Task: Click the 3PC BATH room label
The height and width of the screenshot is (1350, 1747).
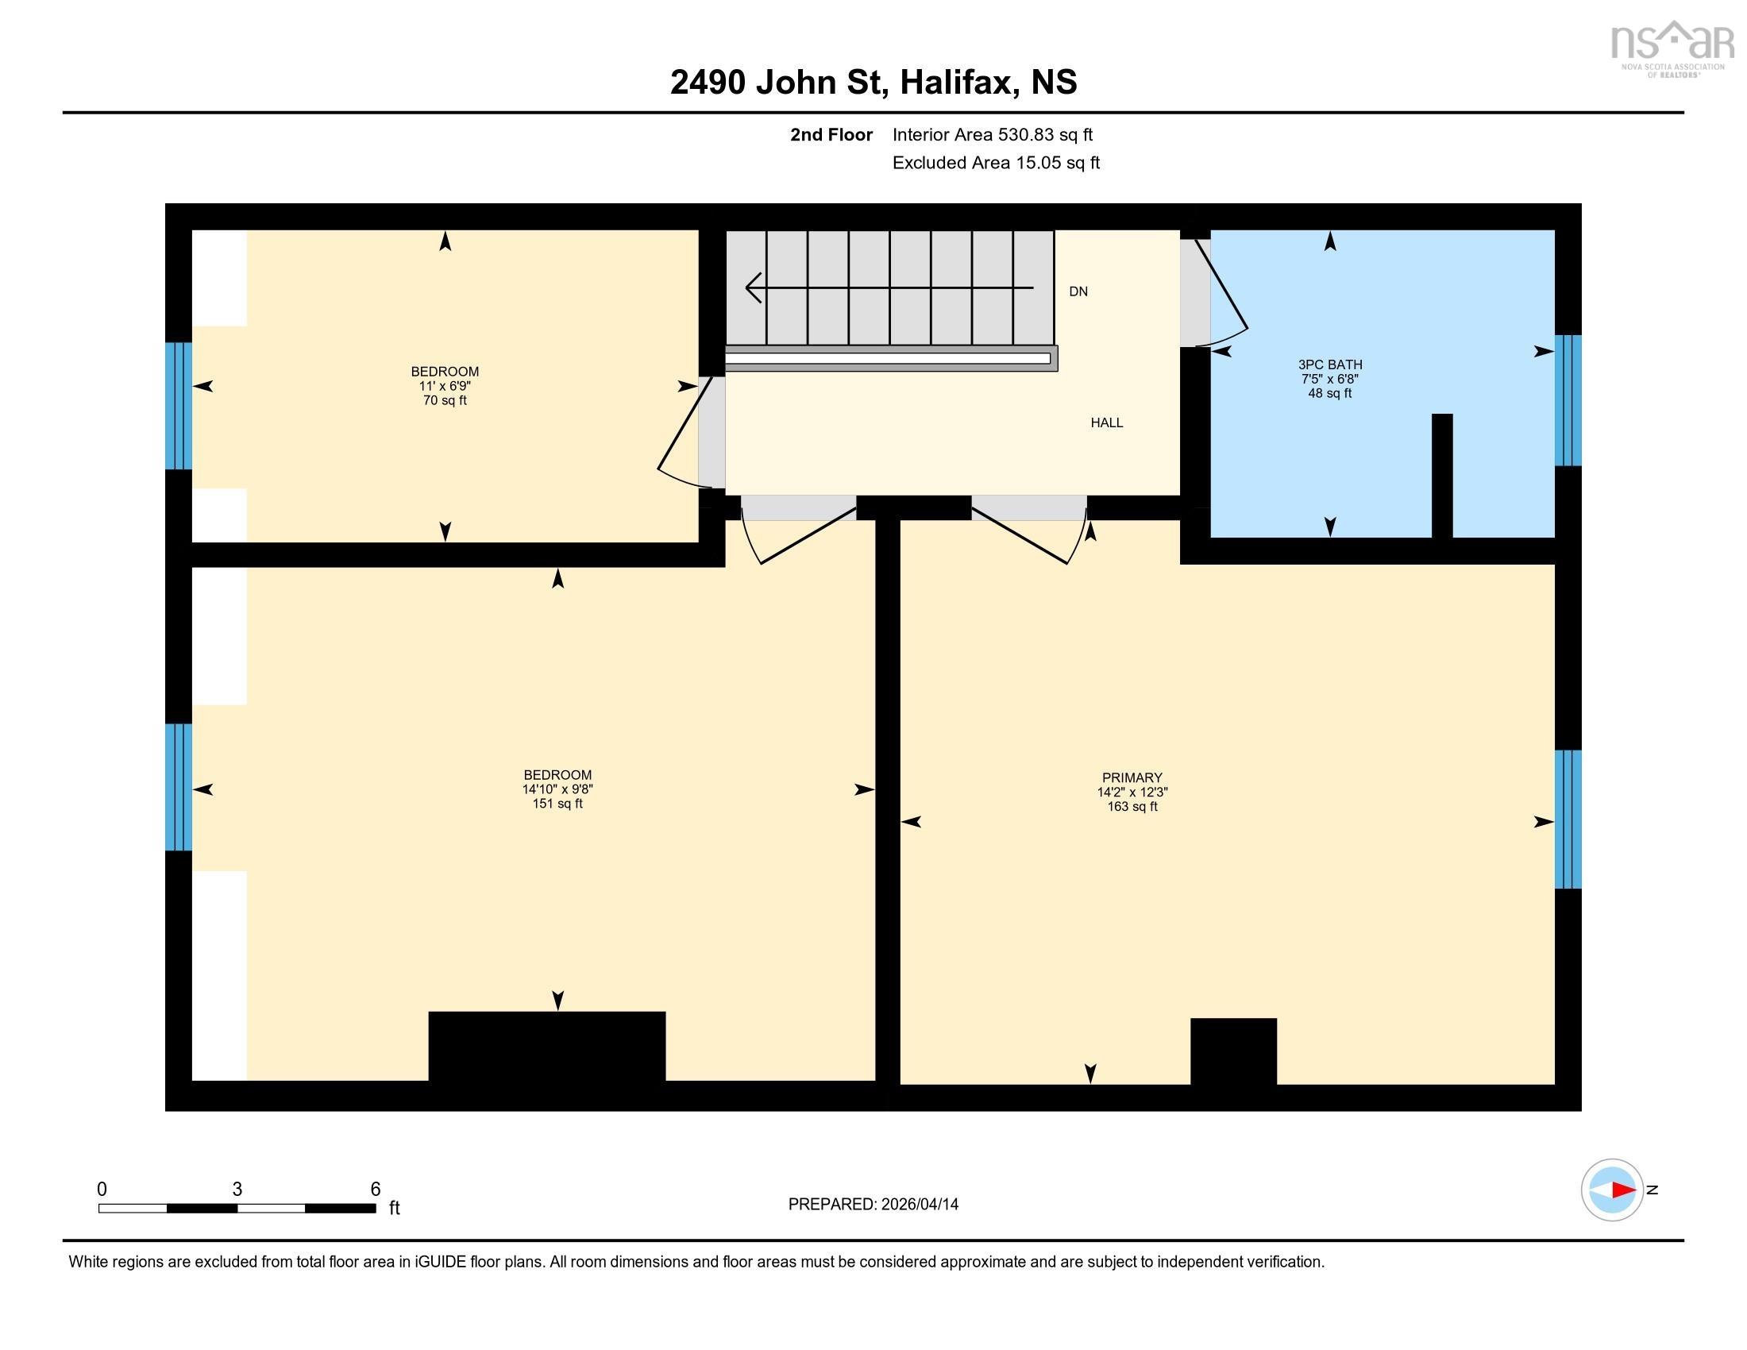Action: tap(1329, 364)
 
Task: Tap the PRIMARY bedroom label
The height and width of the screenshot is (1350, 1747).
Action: tap(1132, 777)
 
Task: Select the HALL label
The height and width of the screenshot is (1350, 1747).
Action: tap(1107, 422)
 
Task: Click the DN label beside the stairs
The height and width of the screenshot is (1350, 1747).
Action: tap(1078, 291)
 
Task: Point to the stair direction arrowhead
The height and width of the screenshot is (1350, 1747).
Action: tap(753, 287)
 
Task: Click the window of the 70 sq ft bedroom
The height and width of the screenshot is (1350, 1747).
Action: tap(179, 406)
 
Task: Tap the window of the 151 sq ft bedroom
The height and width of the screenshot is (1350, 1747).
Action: tap(179, 787)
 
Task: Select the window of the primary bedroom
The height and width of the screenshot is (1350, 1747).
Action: tap(1568, 819)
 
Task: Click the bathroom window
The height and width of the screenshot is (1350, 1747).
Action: tap(1568, 400)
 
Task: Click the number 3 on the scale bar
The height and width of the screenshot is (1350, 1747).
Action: tap(237, 1190)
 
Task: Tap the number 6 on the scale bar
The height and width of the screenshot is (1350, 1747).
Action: tap(375, 1190)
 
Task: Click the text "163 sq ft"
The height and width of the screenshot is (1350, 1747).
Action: tap(1132, 806)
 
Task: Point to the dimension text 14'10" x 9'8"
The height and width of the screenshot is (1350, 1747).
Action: tap(557, 789)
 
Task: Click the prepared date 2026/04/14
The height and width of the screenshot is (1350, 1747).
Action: tap(919, 1205)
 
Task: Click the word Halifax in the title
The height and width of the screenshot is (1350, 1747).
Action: tap(959, 83)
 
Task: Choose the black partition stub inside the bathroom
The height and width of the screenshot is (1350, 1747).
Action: tap(1441, 476)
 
